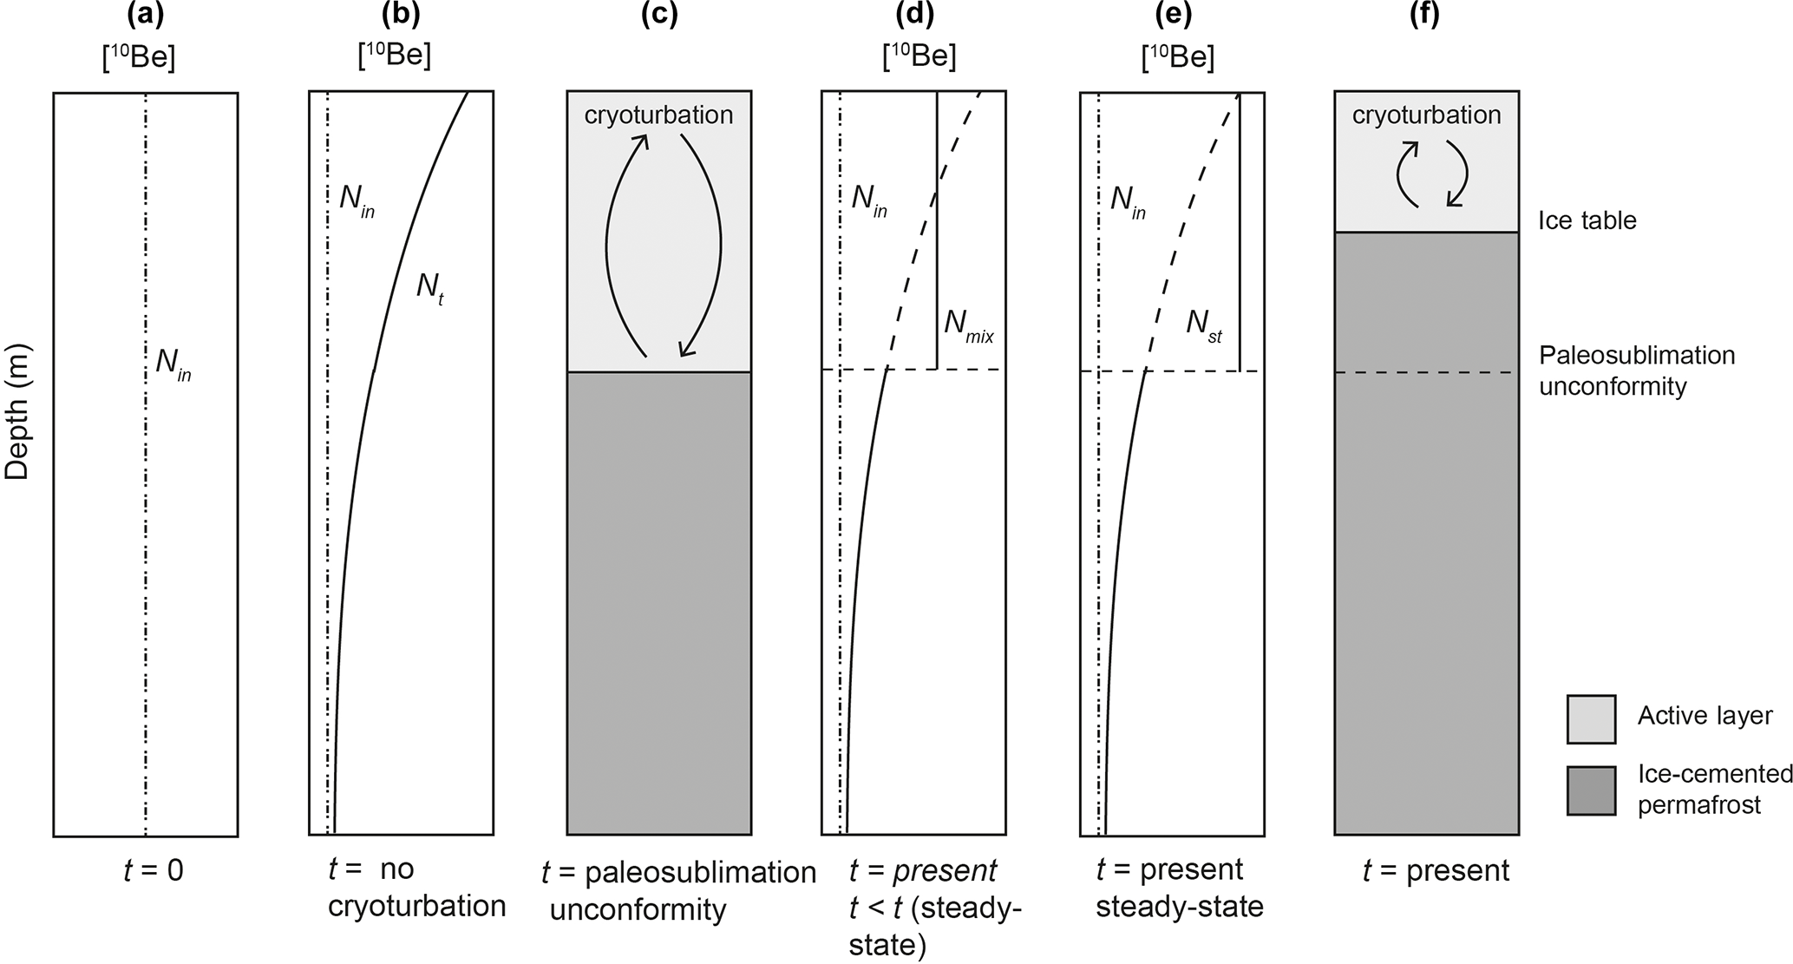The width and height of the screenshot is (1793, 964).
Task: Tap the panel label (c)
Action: tap(658, 15)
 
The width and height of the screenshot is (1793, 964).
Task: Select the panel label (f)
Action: tap(1425, 15)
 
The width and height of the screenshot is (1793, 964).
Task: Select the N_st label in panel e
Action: tap(1204, 325)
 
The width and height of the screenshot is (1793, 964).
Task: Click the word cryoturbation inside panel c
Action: tap(658, 115)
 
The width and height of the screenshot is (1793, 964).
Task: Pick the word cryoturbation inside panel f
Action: tap(1426, 115)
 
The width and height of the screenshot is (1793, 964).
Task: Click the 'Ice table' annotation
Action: tap(1587, 220)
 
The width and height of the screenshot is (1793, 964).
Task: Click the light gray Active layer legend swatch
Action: tap(1591, 718)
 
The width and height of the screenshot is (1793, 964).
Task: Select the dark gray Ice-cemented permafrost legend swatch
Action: tap(1591, 790)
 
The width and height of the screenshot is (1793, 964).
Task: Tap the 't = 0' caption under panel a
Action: tap(154, 870)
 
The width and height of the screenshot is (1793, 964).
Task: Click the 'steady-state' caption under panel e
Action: tap(1179, 907)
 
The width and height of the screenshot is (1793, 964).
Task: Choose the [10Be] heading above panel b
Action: tap(394, 56)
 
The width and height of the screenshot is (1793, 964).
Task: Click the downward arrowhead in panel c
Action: tap(688, 349)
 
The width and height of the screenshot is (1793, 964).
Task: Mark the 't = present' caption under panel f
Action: tap(1436, 870)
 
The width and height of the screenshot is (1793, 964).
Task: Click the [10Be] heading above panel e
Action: tap(1178, 57)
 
